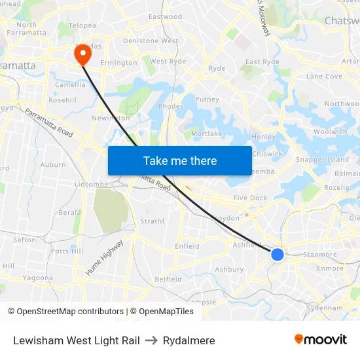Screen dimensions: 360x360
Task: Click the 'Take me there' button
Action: [180, 160]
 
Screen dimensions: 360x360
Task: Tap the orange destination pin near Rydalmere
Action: [83, 54]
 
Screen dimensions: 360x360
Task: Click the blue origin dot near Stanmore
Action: [278, 254]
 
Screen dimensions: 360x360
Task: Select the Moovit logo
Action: [321, 340]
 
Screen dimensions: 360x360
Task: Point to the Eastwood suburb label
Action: [165, 16]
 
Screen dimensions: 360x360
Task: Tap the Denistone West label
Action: [151, 41]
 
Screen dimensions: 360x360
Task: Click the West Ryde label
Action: [168, 62]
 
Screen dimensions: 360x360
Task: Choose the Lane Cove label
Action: [324, 77]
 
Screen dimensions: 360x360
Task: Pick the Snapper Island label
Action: [323, 160]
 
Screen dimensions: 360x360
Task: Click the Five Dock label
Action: [250, 198]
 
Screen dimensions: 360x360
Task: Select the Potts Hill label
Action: [67, 251]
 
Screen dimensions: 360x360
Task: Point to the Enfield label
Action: [187, 246]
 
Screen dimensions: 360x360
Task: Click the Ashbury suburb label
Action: [229, 269]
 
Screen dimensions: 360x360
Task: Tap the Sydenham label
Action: [324, 308]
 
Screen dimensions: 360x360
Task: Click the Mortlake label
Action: [207, 134]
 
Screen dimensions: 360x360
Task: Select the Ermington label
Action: [119, 63]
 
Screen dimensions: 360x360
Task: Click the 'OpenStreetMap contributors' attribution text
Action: [65, 312]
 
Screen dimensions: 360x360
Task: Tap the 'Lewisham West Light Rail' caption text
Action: [76, 340]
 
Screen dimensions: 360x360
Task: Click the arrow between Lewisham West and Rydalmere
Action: [151, 340]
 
